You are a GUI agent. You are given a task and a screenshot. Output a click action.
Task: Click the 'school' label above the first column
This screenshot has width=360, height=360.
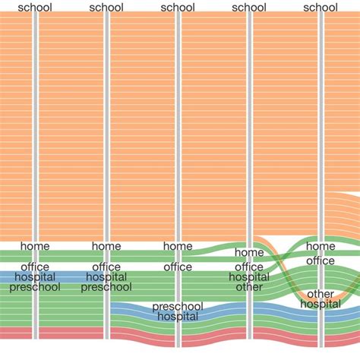[x=35, y=8]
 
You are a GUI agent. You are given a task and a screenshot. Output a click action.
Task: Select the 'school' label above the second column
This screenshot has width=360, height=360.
[x=106, y=8]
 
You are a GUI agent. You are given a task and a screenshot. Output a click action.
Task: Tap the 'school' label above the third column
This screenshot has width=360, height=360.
[x=178, y=8]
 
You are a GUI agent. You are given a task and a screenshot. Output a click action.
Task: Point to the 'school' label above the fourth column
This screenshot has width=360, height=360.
[x=249, y=8]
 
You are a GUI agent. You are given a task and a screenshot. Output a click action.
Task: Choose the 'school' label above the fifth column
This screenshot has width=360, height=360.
[x=321, y=8]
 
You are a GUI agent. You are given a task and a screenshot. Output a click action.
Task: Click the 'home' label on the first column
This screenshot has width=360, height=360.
[x=35, y=246]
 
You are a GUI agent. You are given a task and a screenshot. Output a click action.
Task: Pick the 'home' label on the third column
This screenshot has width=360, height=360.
[x=178, y=246]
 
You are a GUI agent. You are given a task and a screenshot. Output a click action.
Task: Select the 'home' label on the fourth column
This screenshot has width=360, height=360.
[x=249, y=252]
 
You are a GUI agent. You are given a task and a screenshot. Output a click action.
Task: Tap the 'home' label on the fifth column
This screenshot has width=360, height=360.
[x=321, y=246]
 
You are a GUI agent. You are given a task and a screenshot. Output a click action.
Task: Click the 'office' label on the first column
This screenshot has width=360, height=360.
[x=35, y=267]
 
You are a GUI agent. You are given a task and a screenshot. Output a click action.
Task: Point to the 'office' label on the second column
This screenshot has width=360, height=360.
[x=106, y=267]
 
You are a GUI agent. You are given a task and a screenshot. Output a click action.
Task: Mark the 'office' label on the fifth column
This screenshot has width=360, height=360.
[x=321, y=261]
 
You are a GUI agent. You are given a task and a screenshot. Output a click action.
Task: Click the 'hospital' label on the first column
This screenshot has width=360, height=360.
[x=35, y=277]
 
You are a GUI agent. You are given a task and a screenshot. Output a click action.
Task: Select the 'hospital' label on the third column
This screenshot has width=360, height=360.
[x=178, y=317]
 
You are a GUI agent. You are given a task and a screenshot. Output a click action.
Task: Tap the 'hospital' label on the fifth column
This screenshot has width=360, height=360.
[x=321, y=304]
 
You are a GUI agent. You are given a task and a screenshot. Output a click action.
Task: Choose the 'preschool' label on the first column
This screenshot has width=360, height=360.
[x=35, y=287]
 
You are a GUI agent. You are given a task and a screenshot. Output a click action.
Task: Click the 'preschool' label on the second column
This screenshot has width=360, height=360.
[x=106, y=287]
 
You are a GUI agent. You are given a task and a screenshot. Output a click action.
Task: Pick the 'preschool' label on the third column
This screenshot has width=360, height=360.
[x=178, y=307]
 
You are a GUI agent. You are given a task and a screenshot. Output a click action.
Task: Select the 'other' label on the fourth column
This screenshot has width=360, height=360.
[x=249, y=287]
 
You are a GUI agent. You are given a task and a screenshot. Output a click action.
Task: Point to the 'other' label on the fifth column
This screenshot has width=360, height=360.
[x=321, y=294]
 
